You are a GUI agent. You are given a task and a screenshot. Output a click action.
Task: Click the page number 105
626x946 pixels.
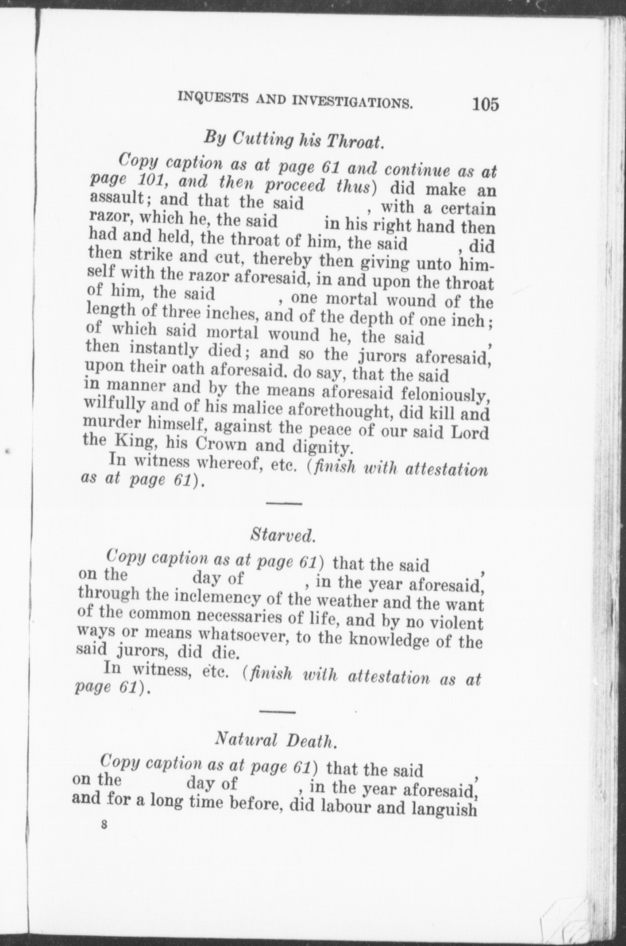tap(485, 104)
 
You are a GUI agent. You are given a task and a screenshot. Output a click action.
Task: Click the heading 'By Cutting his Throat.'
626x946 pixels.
tap(293, 139)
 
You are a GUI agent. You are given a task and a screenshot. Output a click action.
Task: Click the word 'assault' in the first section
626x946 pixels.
tap(117, 199)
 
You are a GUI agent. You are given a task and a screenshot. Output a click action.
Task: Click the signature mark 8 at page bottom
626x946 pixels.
tap(104, 825)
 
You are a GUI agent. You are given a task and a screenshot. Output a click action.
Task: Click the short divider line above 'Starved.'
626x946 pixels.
tap(283, 503)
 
